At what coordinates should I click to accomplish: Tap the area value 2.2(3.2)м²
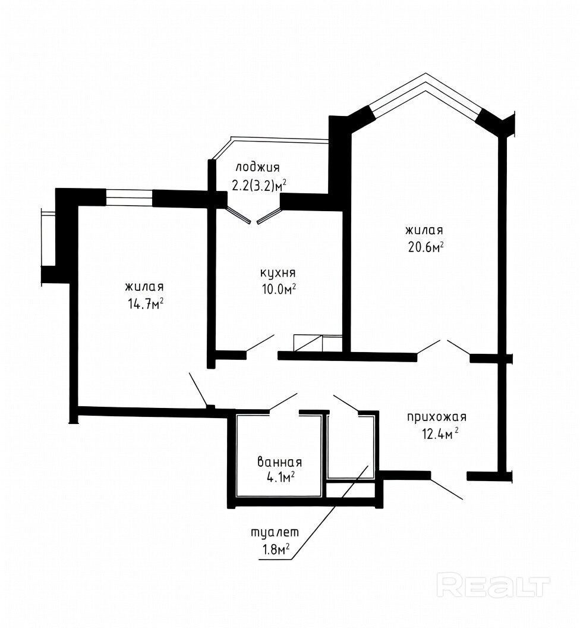pyautogui.click(x=259, y=185)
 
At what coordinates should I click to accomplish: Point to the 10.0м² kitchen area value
pyautogui.click(x=279, y=289)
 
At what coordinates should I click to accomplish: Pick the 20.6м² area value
pyautogui.click(x=425, y=247)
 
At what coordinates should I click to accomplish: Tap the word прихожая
pyautogui.click(x=437, y=417)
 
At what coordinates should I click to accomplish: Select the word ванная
pyautogui.click(x=279, y=462)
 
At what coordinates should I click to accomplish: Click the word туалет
pyautogui.click(x=275, y=533)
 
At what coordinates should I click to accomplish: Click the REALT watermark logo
pyautogui.click(x=493, y=585)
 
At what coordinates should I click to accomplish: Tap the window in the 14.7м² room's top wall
pyautogui.click(x=130, y=198)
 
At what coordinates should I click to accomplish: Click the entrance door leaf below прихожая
pyautogui.click(x=447, y=488)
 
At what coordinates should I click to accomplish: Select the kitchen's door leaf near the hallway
pyautogui.click(x=260, y=343)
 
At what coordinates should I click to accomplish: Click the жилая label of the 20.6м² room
pyautogui.click(x=424, y=231)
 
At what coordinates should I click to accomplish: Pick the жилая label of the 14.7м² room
pyautogui.click(x=144, y=287)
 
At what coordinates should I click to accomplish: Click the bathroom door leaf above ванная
pyautogui.click(x=283, y=401)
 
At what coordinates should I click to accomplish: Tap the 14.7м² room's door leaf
pyautogui.click(x=198, y=390)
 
